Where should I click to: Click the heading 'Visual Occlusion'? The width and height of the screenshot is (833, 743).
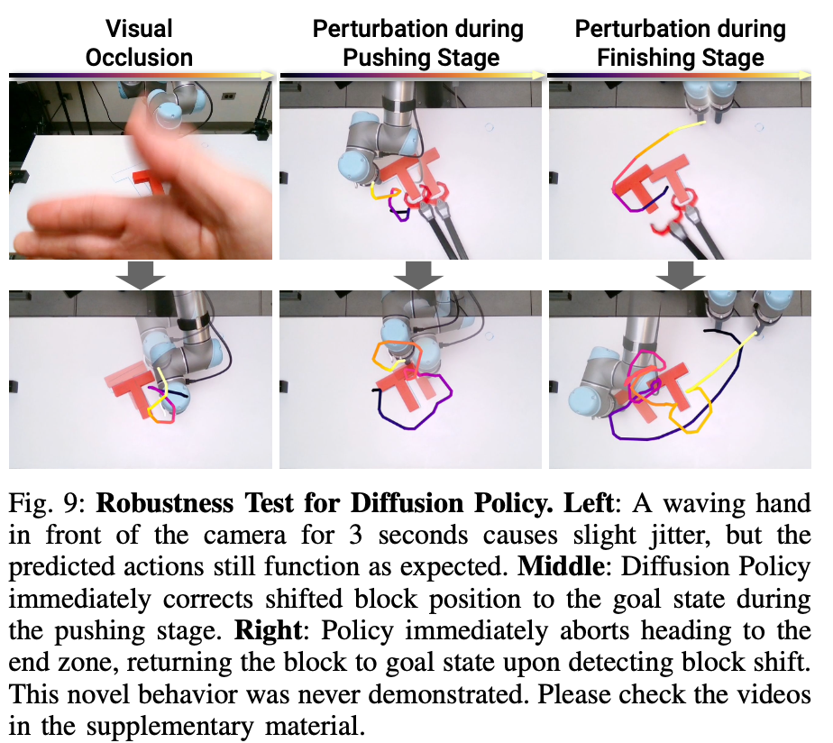pyautogui.click(x=139, y=43)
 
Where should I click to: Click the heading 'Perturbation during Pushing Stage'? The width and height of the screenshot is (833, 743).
pyautogui.click(x=418, y=43)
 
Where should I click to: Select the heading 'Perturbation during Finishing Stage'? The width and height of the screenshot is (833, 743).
pyautogui.click(x=681, y=43)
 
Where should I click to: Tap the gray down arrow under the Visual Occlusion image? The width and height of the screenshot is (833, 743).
pyautogui.click(x=141, y=275)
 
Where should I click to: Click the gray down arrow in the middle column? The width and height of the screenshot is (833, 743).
pyautogui.click(x=418, y=275)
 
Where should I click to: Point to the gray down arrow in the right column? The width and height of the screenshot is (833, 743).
pyautogui.click(x=681, y=275)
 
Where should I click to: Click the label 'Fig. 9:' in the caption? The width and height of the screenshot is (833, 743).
pyautogui.click(x=47, y=503)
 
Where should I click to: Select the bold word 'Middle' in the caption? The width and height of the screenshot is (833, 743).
pyautogui.click(x=561, y=566)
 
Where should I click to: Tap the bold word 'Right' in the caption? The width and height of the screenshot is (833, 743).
pyautogui.click(x=269, y=631)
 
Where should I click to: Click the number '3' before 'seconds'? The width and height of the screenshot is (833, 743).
pyautogui.click(x=355, y=536)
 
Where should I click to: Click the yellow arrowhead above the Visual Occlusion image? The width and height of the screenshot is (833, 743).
pyautogui.click(x=269, y=76)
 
